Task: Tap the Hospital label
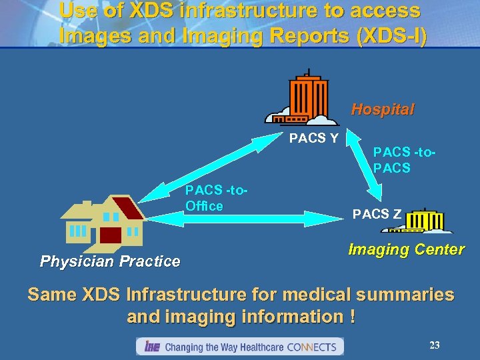pos(383,109)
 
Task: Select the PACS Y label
pos(313,139)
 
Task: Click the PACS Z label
pos(377,214)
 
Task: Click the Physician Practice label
pos(110,261)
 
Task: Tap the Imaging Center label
pos(406,250)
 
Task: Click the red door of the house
pos(110,235)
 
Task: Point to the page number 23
pos(435,345)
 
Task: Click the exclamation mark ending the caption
pos(351,316)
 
